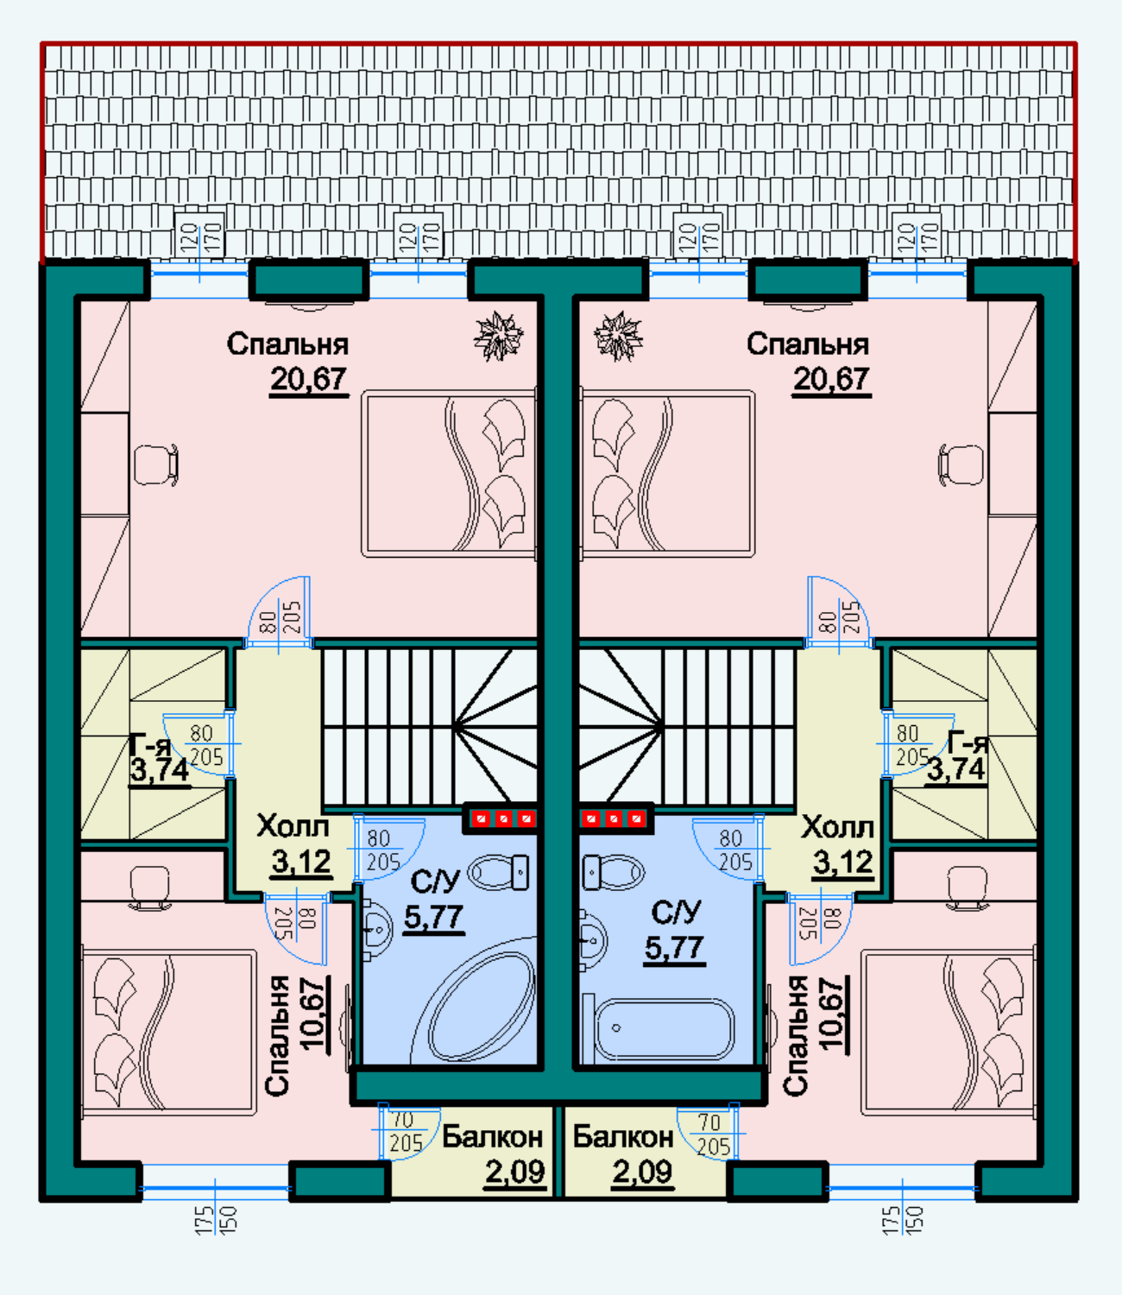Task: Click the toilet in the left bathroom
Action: click(x=499, y=871)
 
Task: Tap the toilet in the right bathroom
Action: click(x=614, y=871)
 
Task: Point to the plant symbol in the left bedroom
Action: click(x=498, y=337)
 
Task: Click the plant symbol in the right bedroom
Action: click(x=618, y=337)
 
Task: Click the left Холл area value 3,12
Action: click(x=301, y=862)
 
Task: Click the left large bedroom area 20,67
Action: click(x=308, y=379)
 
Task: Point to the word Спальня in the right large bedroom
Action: click(x=808, y=344)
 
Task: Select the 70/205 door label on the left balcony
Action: click(x=406, y=1133)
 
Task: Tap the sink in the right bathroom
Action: click(x=592, y=939)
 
